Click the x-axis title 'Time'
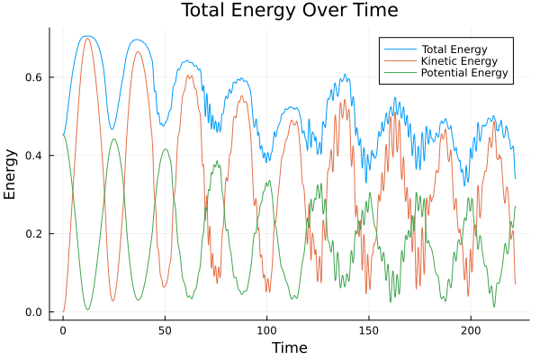click(x=289, y=347)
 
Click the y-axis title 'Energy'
click(x=11, y=175)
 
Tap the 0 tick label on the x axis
click(x=63, y=331)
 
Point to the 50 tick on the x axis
click(x=165, y=331)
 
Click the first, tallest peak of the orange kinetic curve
click(x=87, y=38)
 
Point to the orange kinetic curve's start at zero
click(x=63, y=311)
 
